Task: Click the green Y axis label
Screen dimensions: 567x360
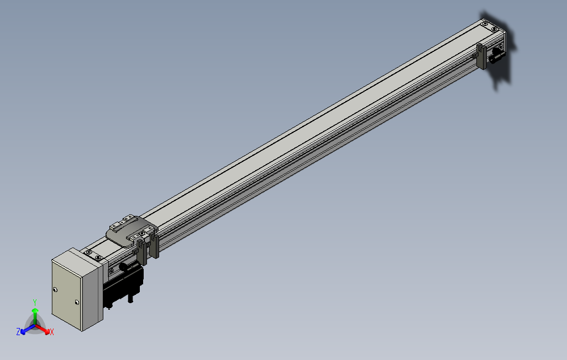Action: tap(35, 302)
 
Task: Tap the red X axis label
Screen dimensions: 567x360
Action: tap(52, 332)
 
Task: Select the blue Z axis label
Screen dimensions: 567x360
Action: tap(18, 331)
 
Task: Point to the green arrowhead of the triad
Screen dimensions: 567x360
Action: tap(35, 310)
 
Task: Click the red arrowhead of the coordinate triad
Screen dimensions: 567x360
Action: tap(47, 331)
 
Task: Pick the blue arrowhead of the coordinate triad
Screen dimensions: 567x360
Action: tap(23, 331)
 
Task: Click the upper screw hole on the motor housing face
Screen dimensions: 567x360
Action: tap(55, 289)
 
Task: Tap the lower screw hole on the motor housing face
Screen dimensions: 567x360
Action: tap(77, 302)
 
